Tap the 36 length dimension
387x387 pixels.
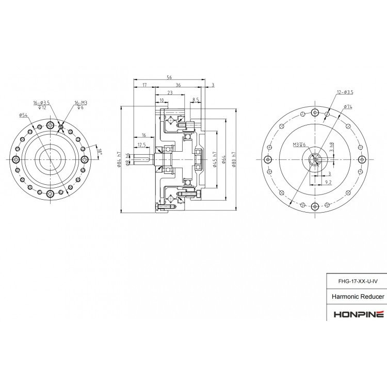(x=178, y=85)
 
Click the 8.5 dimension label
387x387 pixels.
(x=196, y=99)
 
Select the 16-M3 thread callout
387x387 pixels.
(x=80, y=103)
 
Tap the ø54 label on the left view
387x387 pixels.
(x=23, y=115)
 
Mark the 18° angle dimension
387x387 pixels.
(x=101, y=151)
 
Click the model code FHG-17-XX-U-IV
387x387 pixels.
(x=357, y=281)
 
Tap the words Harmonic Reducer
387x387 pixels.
(x=357, y=298)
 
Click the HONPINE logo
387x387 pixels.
(x=357, y=313)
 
